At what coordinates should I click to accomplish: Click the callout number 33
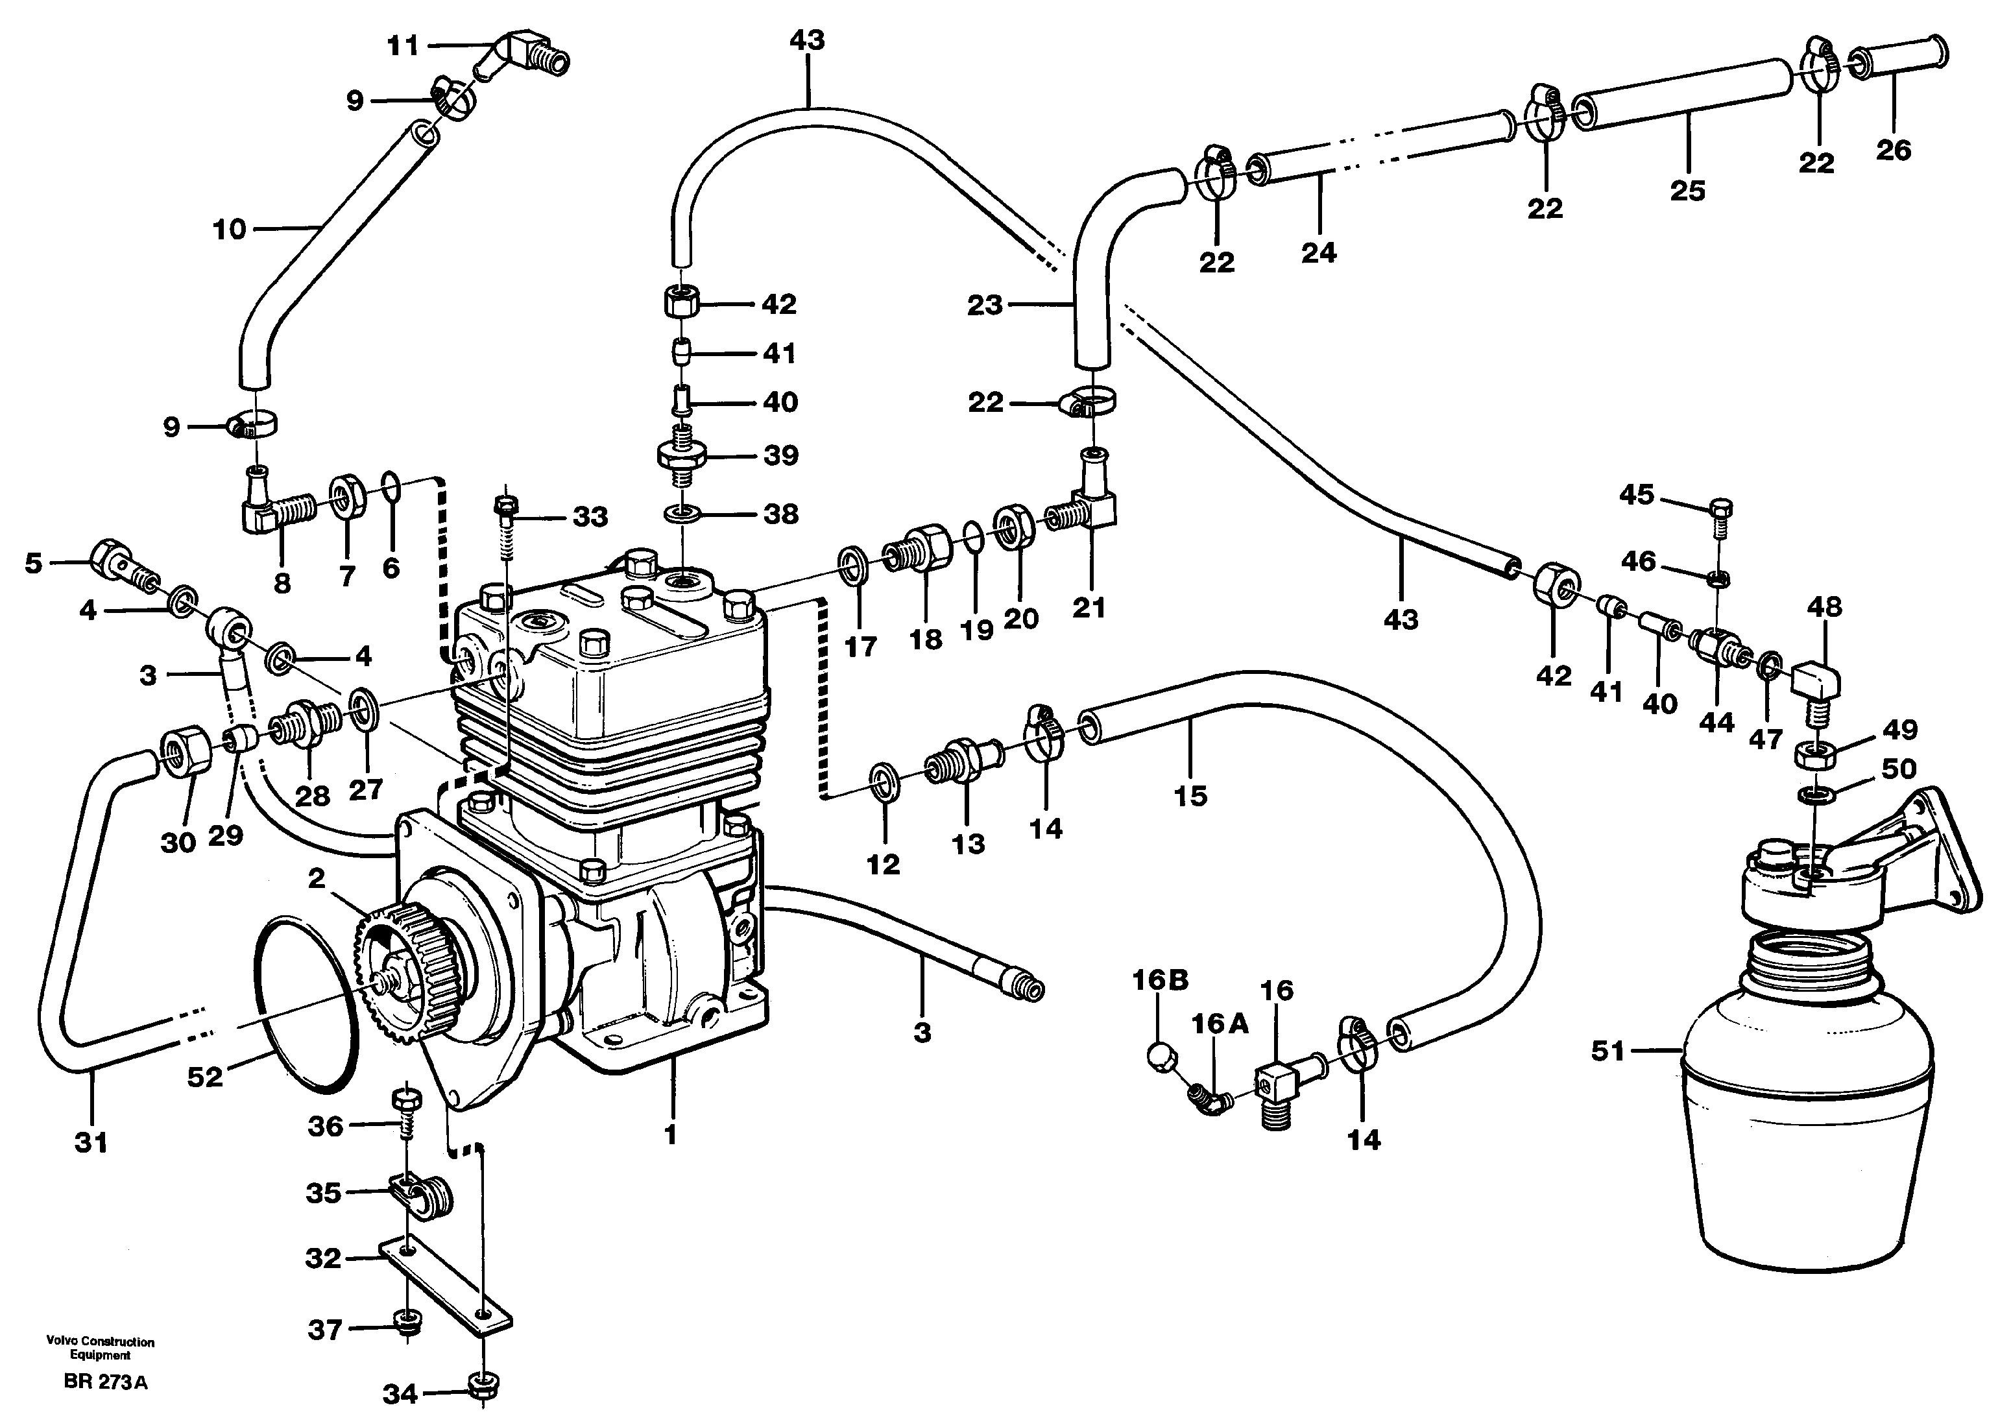[x=590, y=517]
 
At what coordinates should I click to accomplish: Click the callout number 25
[x=1687, y=191]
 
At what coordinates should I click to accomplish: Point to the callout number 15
[x=1190, y=795]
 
